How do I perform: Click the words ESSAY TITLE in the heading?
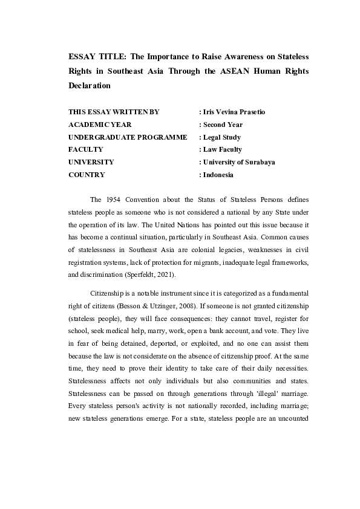coord(90,57)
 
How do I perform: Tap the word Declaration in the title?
coord(90,85)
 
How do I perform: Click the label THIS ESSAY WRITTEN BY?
coord(114,112)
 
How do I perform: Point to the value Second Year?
coord(223,125)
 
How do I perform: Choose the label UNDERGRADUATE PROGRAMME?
coord(128,137)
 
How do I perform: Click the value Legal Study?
coord(221,137)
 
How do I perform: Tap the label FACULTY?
coord(86,149)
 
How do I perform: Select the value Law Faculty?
coord(222,149)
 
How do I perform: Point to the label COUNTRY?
coord(87,175)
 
